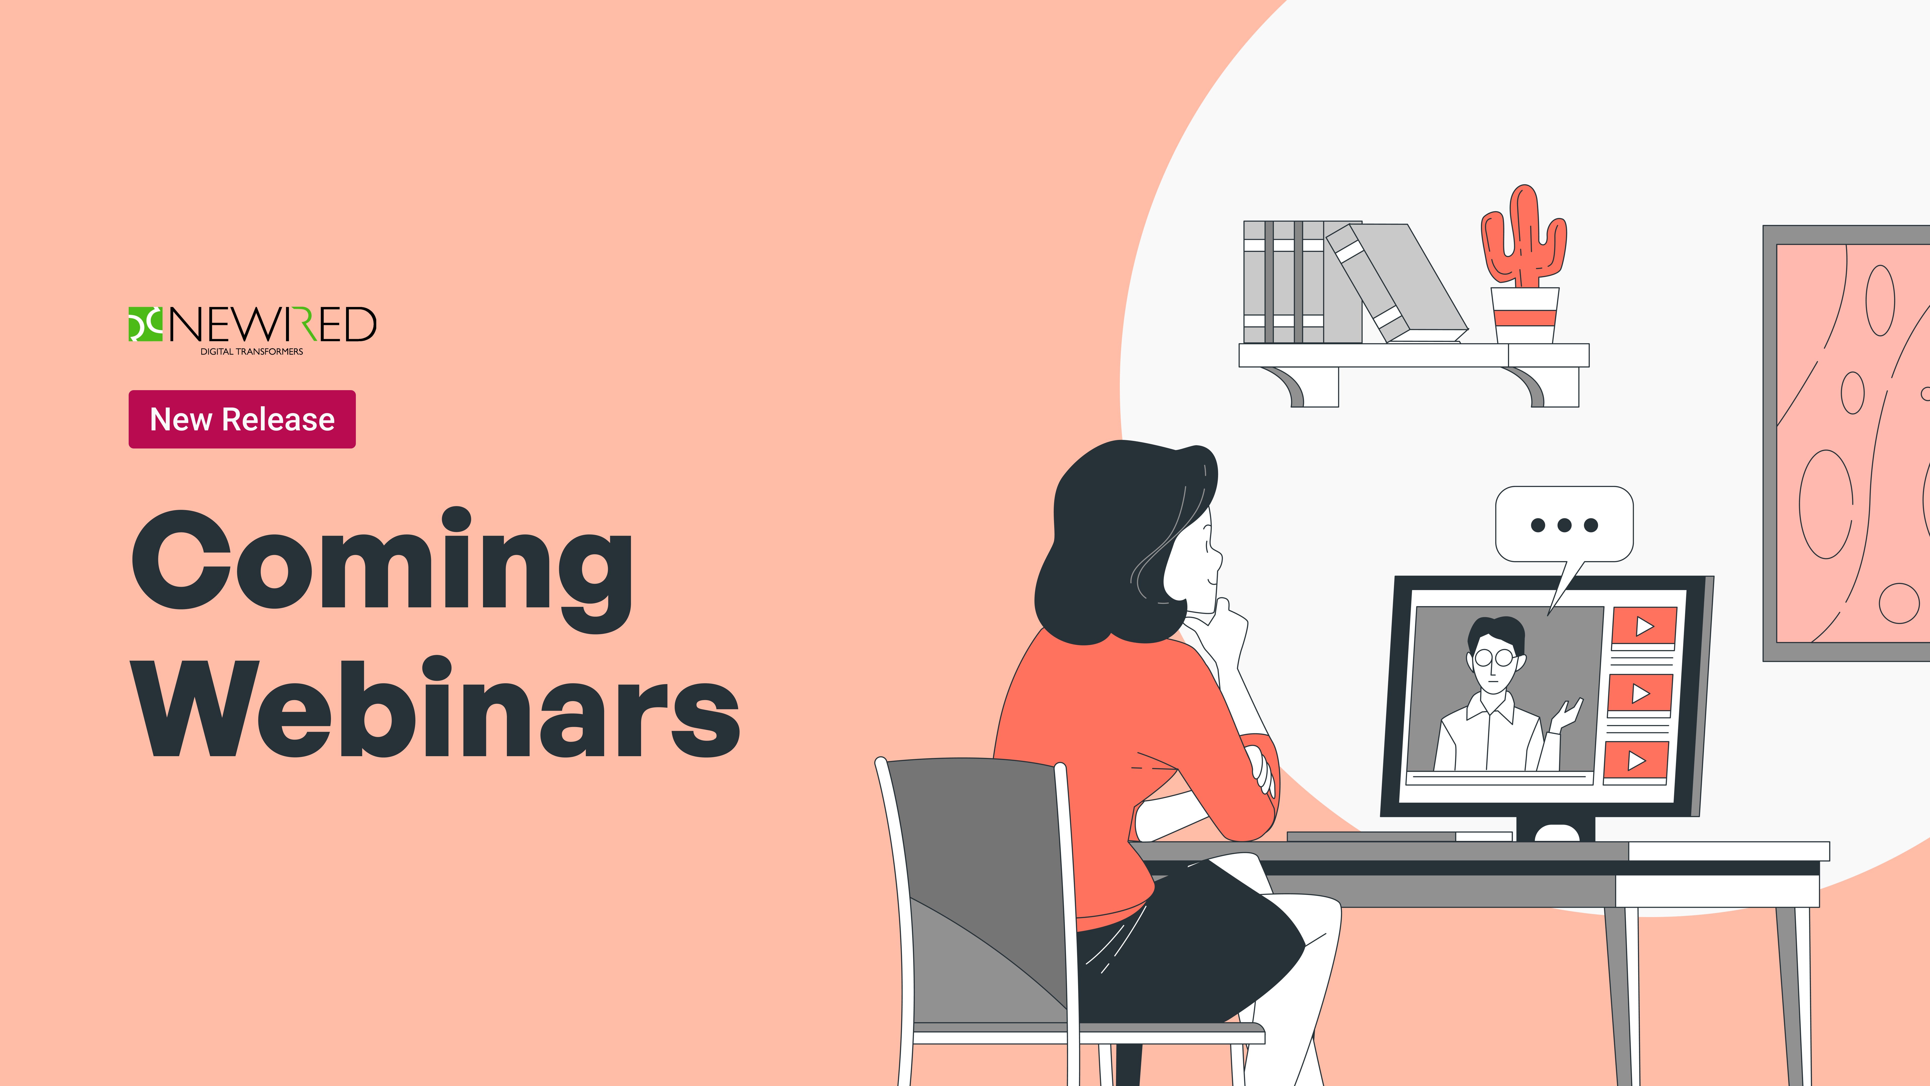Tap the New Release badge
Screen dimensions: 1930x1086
coord(242,419)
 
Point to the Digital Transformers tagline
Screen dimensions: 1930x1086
coord(252,351)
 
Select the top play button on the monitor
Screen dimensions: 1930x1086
coord(1644,626)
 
